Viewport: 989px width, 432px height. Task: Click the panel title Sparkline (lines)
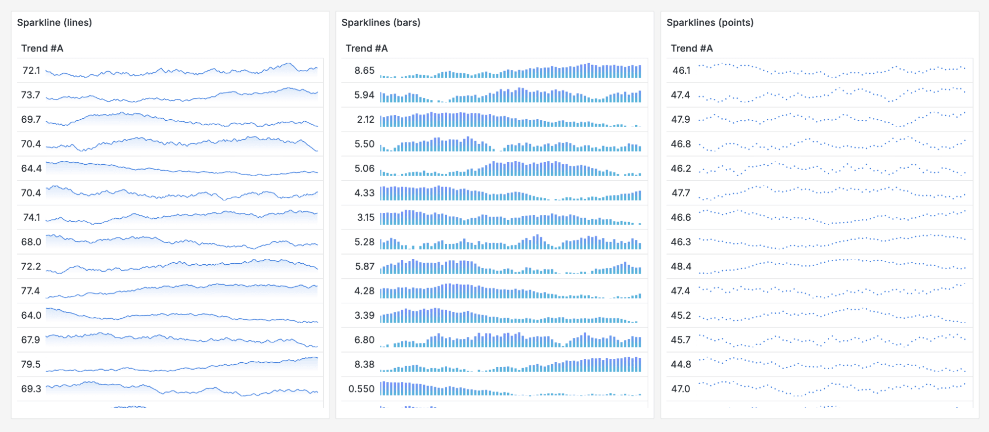(54, 23)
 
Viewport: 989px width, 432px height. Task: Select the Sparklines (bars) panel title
(380, 23)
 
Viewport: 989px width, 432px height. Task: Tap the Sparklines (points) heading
(709, 23)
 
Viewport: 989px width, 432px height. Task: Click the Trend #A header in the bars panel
(366, 48)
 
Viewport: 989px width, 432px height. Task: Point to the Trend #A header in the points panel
(691, 48)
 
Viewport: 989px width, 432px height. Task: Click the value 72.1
(31, 71)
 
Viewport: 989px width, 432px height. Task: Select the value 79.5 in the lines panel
(31, 365)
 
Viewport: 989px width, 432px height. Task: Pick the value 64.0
(31, 316)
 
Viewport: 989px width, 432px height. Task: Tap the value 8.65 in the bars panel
(364, 71)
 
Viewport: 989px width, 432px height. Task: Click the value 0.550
(361, 389)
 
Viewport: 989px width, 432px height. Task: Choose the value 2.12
(366, 120)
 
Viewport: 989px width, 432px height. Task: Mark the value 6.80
(364, 340)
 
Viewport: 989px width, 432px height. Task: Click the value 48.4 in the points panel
(681, 267)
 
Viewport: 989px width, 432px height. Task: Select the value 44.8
(681, 365)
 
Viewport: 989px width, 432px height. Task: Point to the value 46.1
(681, 71)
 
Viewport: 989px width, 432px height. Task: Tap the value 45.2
(681, 316)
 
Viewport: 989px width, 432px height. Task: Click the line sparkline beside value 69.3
(182, 389)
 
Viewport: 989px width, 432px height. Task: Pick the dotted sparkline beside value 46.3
(832, 241)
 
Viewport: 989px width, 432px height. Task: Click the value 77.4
(30, 291)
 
